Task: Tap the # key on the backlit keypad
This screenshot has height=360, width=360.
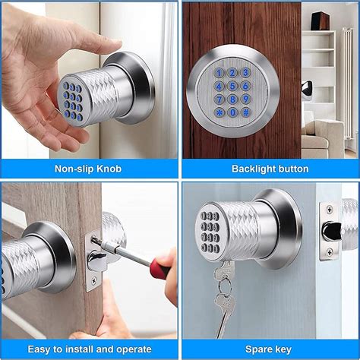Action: [x=245, y=112]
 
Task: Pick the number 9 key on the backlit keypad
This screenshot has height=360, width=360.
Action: [x=245, y=99]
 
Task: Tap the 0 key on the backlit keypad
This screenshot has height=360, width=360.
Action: [x=232, y=112]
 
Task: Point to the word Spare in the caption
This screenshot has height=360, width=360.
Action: [x=258, y=349]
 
